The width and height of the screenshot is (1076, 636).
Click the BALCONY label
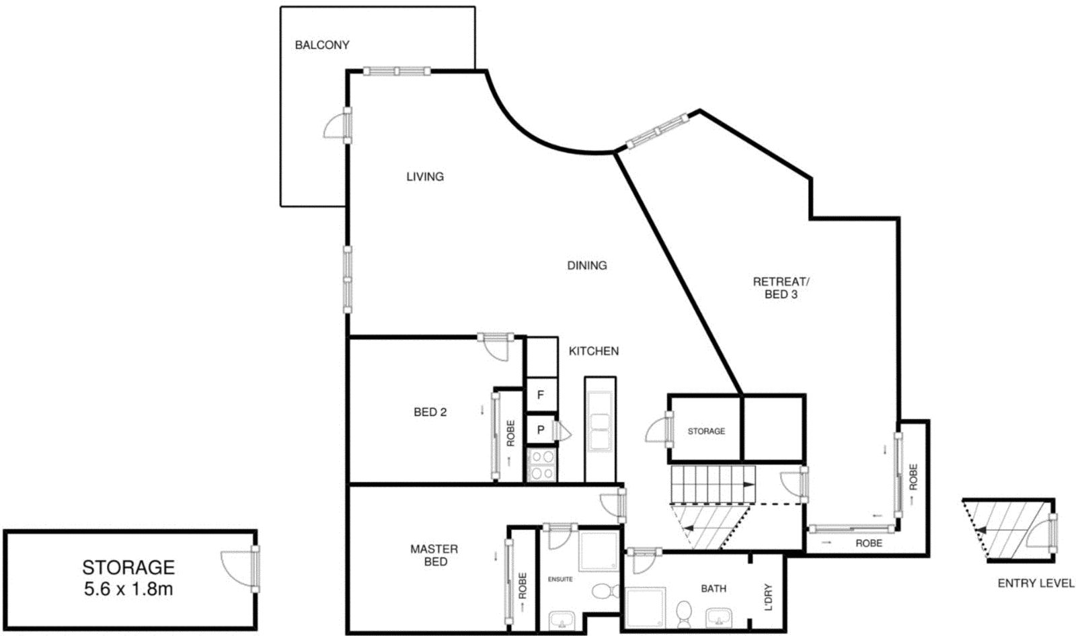[x=322, y=45]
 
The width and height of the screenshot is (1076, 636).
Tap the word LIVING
[x=425, y=177]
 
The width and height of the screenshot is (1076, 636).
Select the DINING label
[x=586, y=266]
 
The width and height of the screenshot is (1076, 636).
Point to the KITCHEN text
[x=593, y=351]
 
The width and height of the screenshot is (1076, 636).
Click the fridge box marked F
[x=541, y=395]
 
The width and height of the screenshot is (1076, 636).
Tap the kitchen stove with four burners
[x=542, y=465]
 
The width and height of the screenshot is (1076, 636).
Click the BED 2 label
[x=430, y=412]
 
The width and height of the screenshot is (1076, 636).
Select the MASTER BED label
[x=434, y=555]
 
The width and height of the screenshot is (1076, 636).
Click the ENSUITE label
[x=560, y=579]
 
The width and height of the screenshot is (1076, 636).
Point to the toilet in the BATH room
[x=684, y=612]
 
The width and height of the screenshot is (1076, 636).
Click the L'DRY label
[x=769, y=597]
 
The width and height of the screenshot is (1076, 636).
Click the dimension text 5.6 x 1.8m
[x=128, y=590]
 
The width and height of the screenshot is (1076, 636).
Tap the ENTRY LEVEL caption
[x=1036, y=584]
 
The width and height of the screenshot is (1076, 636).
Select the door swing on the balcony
[x=336, y=128]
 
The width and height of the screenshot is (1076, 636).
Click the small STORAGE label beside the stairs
[x=706, y=431]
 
